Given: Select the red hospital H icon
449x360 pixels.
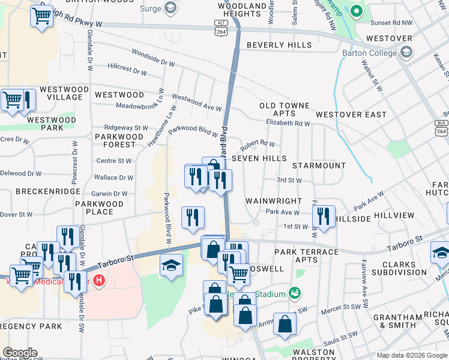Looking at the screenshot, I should point(99,280).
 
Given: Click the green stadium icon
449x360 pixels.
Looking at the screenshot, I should point(294,293).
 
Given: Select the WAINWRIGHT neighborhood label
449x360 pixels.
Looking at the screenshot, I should point(273,201).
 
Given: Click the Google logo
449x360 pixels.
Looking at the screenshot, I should point(20,353).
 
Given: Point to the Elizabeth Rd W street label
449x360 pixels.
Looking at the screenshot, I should point(288,124).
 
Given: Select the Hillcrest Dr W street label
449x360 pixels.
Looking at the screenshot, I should point(127,72).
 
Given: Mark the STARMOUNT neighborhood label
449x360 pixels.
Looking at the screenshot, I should point(319,165).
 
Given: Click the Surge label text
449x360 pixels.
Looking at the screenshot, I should point(150,8).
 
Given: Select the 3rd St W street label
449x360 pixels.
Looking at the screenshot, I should point(289,180).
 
